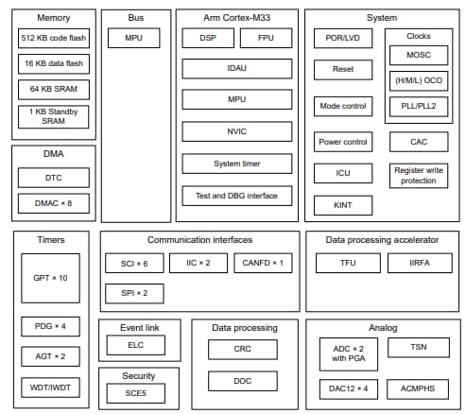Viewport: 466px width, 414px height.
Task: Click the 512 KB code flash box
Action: pyautogui.click(x=54, y=38)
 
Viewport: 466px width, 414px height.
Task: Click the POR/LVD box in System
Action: pyautogui.click(x=343, y=38)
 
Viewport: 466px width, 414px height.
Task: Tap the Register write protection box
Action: pyautogui.click(x=419, y=175)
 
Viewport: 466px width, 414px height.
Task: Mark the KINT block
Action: pyautogui.click(x=343, y=205)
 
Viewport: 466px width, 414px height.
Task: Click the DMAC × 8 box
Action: pyautogui.click(x=54, y=202)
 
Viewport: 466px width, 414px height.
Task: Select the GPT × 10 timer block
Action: pyautogui.click(x=51, y=278)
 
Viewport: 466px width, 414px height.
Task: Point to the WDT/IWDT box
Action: pyautogui.click(x=51, y=388)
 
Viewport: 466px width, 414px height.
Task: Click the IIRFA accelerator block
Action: pyautogui.click(x=419, y=262)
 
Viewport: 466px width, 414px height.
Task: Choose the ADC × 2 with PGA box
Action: pyautogui.click(x=343, y=354)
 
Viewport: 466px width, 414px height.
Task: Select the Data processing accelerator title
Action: pyautogui.click(x=383, y=240)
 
